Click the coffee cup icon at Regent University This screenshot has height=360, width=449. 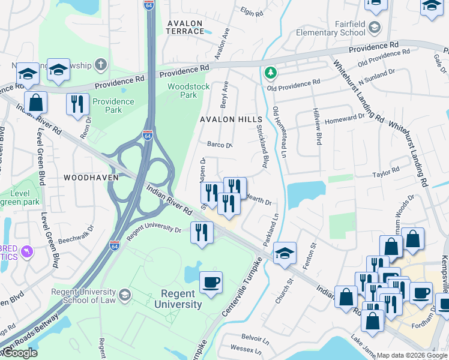(210, 282)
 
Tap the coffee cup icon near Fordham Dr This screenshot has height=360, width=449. (421, 293)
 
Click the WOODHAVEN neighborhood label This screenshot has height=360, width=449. (91, 178)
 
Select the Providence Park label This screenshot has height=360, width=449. (113, 106)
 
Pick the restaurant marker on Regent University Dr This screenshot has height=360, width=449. (202, 232)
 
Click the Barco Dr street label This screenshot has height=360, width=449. (219, 145)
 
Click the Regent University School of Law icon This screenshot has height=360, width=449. (124, 294)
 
